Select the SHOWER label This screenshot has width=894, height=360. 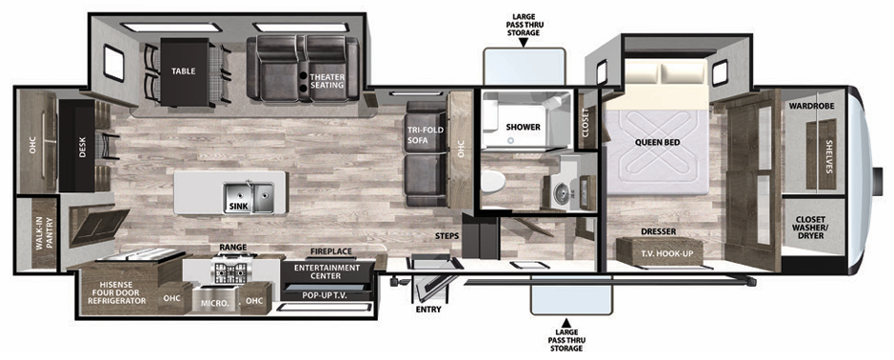tap(523, 128)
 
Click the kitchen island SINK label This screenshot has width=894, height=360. tap(238, 207)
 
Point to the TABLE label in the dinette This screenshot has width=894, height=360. tap(184, 71)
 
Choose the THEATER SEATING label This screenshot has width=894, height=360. tap(327, 80)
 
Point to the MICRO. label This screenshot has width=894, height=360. tap(214, 302)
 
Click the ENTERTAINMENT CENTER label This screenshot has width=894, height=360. tap(326, 271)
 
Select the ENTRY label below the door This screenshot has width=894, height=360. tap(428, 310)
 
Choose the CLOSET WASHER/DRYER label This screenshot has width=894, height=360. tap(811, 227)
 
